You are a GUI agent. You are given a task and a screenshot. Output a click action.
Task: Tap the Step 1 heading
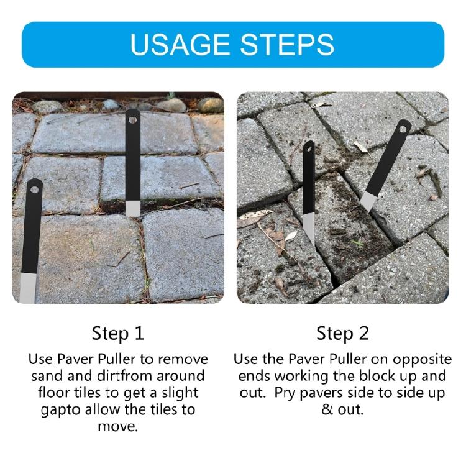tap(118, 333)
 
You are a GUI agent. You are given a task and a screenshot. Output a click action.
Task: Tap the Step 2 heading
tap(342, 333)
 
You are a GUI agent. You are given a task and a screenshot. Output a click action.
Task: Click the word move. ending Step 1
tap(118, 427)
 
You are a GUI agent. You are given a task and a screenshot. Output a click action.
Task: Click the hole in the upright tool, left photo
tap(132, 115)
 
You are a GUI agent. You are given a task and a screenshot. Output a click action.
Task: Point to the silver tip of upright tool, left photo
tap(132, 208)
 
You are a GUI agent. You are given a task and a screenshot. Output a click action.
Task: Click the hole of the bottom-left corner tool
tap(34, 186)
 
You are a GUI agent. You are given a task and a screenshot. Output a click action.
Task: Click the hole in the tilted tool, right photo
tap(404, 128)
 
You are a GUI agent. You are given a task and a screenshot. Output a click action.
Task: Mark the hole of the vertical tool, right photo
tap(309, 148)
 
